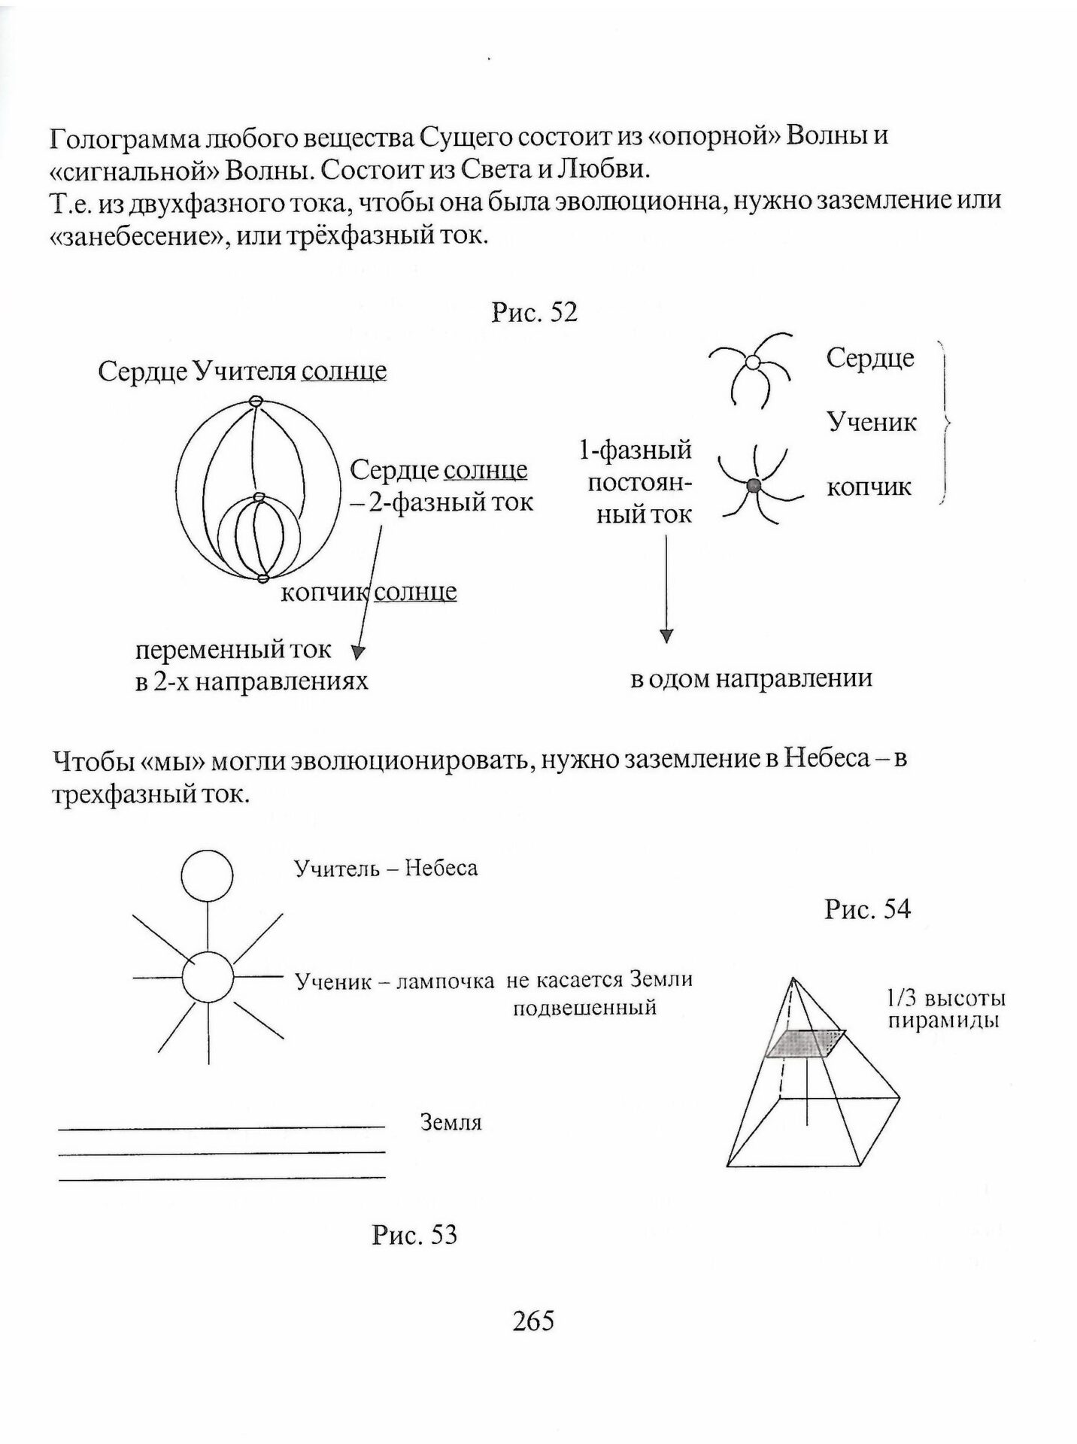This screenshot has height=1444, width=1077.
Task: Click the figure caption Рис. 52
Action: point(534,312)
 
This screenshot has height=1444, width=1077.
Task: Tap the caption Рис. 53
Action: point(414,1234)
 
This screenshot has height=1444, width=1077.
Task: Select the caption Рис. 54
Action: point(867,909)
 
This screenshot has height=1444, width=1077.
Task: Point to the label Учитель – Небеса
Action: point(386,869)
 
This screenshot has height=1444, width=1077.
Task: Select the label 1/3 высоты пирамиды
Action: point(945,1010)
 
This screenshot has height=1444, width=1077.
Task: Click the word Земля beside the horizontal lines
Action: point(451,1123)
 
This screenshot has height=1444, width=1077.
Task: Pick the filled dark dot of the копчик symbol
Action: point(754,486)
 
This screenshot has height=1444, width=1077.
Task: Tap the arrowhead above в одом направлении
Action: point(666,636)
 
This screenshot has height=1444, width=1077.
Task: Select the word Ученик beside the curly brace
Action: point(872,422)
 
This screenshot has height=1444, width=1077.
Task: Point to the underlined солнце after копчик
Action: point(415,592)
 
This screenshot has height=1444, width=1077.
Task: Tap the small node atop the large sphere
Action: point(256,402)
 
